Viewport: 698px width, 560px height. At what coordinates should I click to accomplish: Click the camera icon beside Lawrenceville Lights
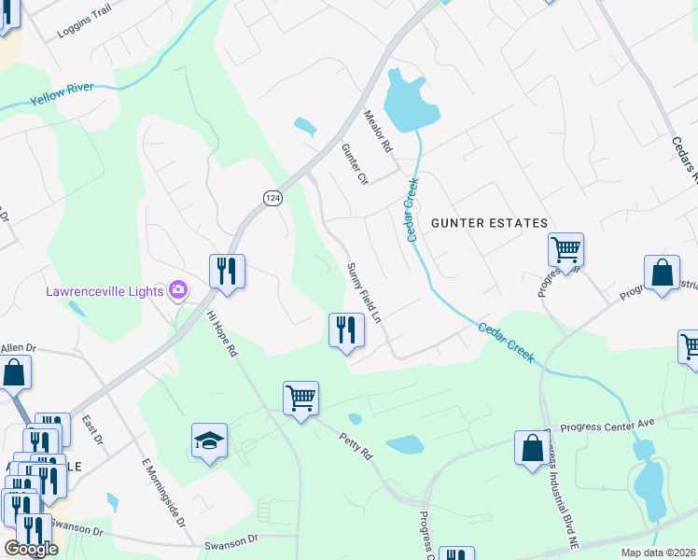click(x=177, y=290)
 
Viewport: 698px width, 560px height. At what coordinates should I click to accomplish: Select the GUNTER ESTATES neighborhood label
click(x=489, y=223)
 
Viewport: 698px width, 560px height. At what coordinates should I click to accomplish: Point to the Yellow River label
click(x=63, y=97)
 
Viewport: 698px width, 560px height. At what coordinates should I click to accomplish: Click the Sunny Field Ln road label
click(x=365, y=293)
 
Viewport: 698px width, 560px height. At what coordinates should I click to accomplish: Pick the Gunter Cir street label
click(x=356, y=164)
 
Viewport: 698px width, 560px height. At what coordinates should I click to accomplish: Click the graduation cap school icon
click(x=209, y=441)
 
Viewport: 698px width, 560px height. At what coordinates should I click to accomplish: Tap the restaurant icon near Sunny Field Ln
click(x=345, y=329)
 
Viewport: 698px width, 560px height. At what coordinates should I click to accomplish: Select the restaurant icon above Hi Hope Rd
click(x=227, y=271)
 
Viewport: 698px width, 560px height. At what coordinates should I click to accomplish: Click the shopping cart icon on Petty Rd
click(x=300, y=399)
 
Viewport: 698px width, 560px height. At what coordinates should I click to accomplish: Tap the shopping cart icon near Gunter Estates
click(x=565, y=249)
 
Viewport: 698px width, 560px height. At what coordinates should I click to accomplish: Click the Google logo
click(x=31, y=549)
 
